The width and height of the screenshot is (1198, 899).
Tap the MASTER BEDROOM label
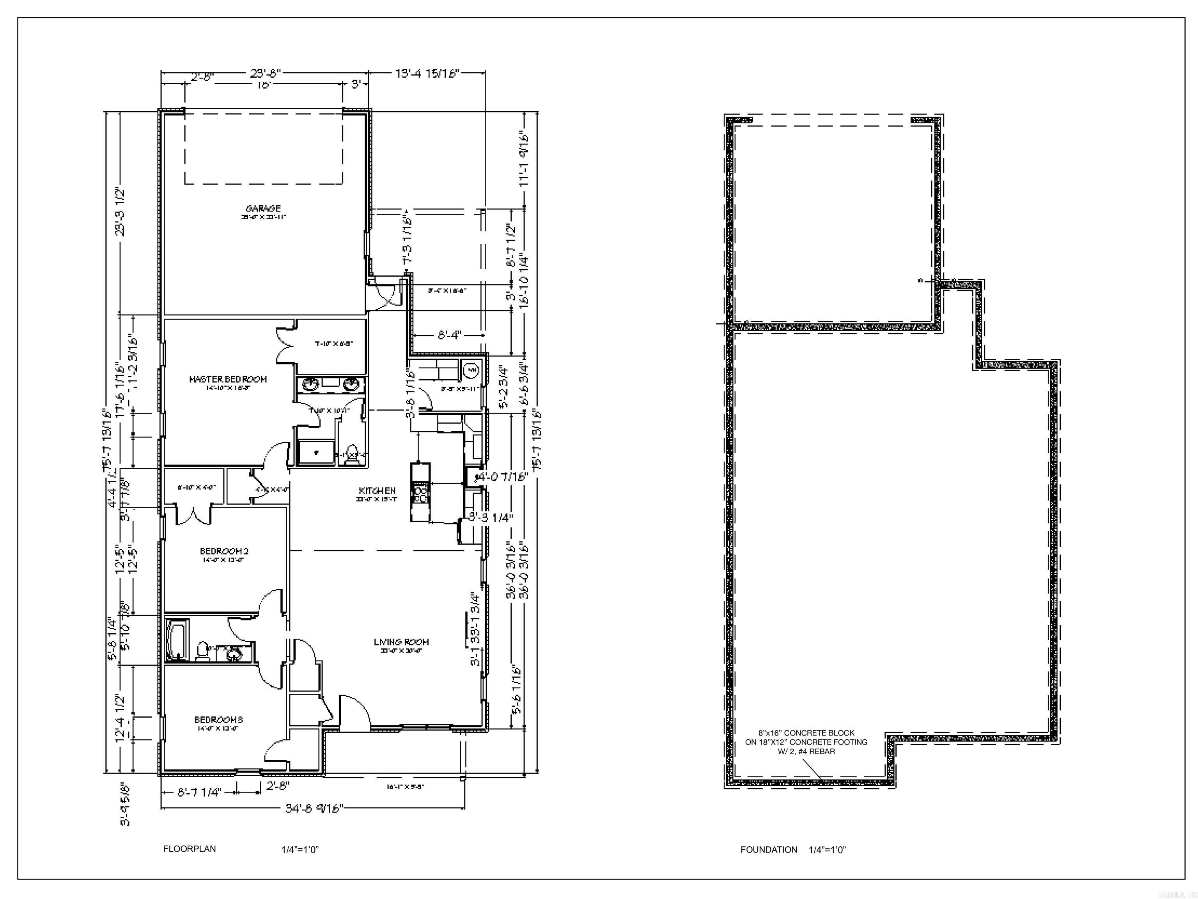tap(228, 379)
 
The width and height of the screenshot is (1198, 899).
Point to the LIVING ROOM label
tap(401, 642)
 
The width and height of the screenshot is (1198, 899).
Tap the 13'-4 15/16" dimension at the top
tap(427, 73)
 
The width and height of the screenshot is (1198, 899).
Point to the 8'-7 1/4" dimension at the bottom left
tap(200, 792)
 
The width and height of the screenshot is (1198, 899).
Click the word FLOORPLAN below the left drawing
tap(190, 849)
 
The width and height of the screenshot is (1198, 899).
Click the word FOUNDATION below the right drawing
tap(769, 850)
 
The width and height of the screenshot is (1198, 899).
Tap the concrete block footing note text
tap(806, 742)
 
